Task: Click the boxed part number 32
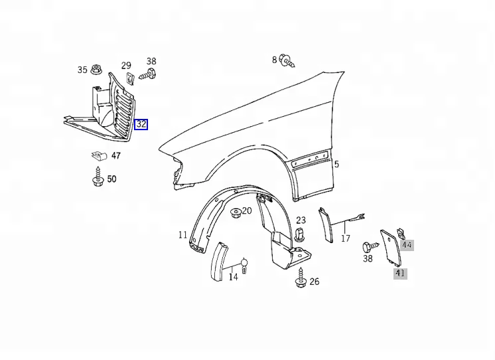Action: (141, 124)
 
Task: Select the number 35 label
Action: (82, 70)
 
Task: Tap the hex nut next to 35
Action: (96, 70)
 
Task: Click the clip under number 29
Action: (129, 78)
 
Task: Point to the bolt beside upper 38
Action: (148, 74)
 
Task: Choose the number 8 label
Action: (274, 60)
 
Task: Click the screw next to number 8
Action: (289, 60)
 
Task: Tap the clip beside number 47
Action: (99, 156)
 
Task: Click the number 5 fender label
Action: (336, 164)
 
